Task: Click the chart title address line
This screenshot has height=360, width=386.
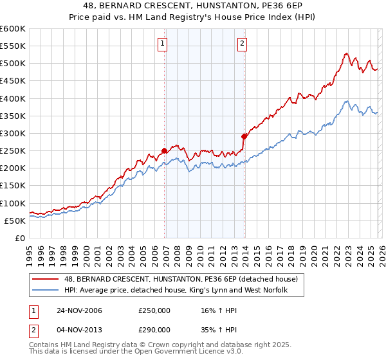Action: pyautogui.click(x=192, y=6)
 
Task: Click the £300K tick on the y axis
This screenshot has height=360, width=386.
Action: pyautogui.click(x=13, y=134)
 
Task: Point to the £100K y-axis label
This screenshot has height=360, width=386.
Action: pyautogui.click(x=13, y=203)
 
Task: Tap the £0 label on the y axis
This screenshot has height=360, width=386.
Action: pyautogui.click(x=19, y=238)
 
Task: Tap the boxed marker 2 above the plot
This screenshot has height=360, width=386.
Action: pyautogui.click(x=242, y=44)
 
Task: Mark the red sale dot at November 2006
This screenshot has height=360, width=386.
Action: pyautogui.click(x=165, y=151)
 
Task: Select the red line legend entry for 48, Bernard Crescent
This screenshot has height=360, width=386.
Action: pyautogui.click(x=181, y=280)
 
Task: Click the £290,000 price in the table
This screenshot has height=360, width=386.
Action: pyautogui.click(x=154, y=329)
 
